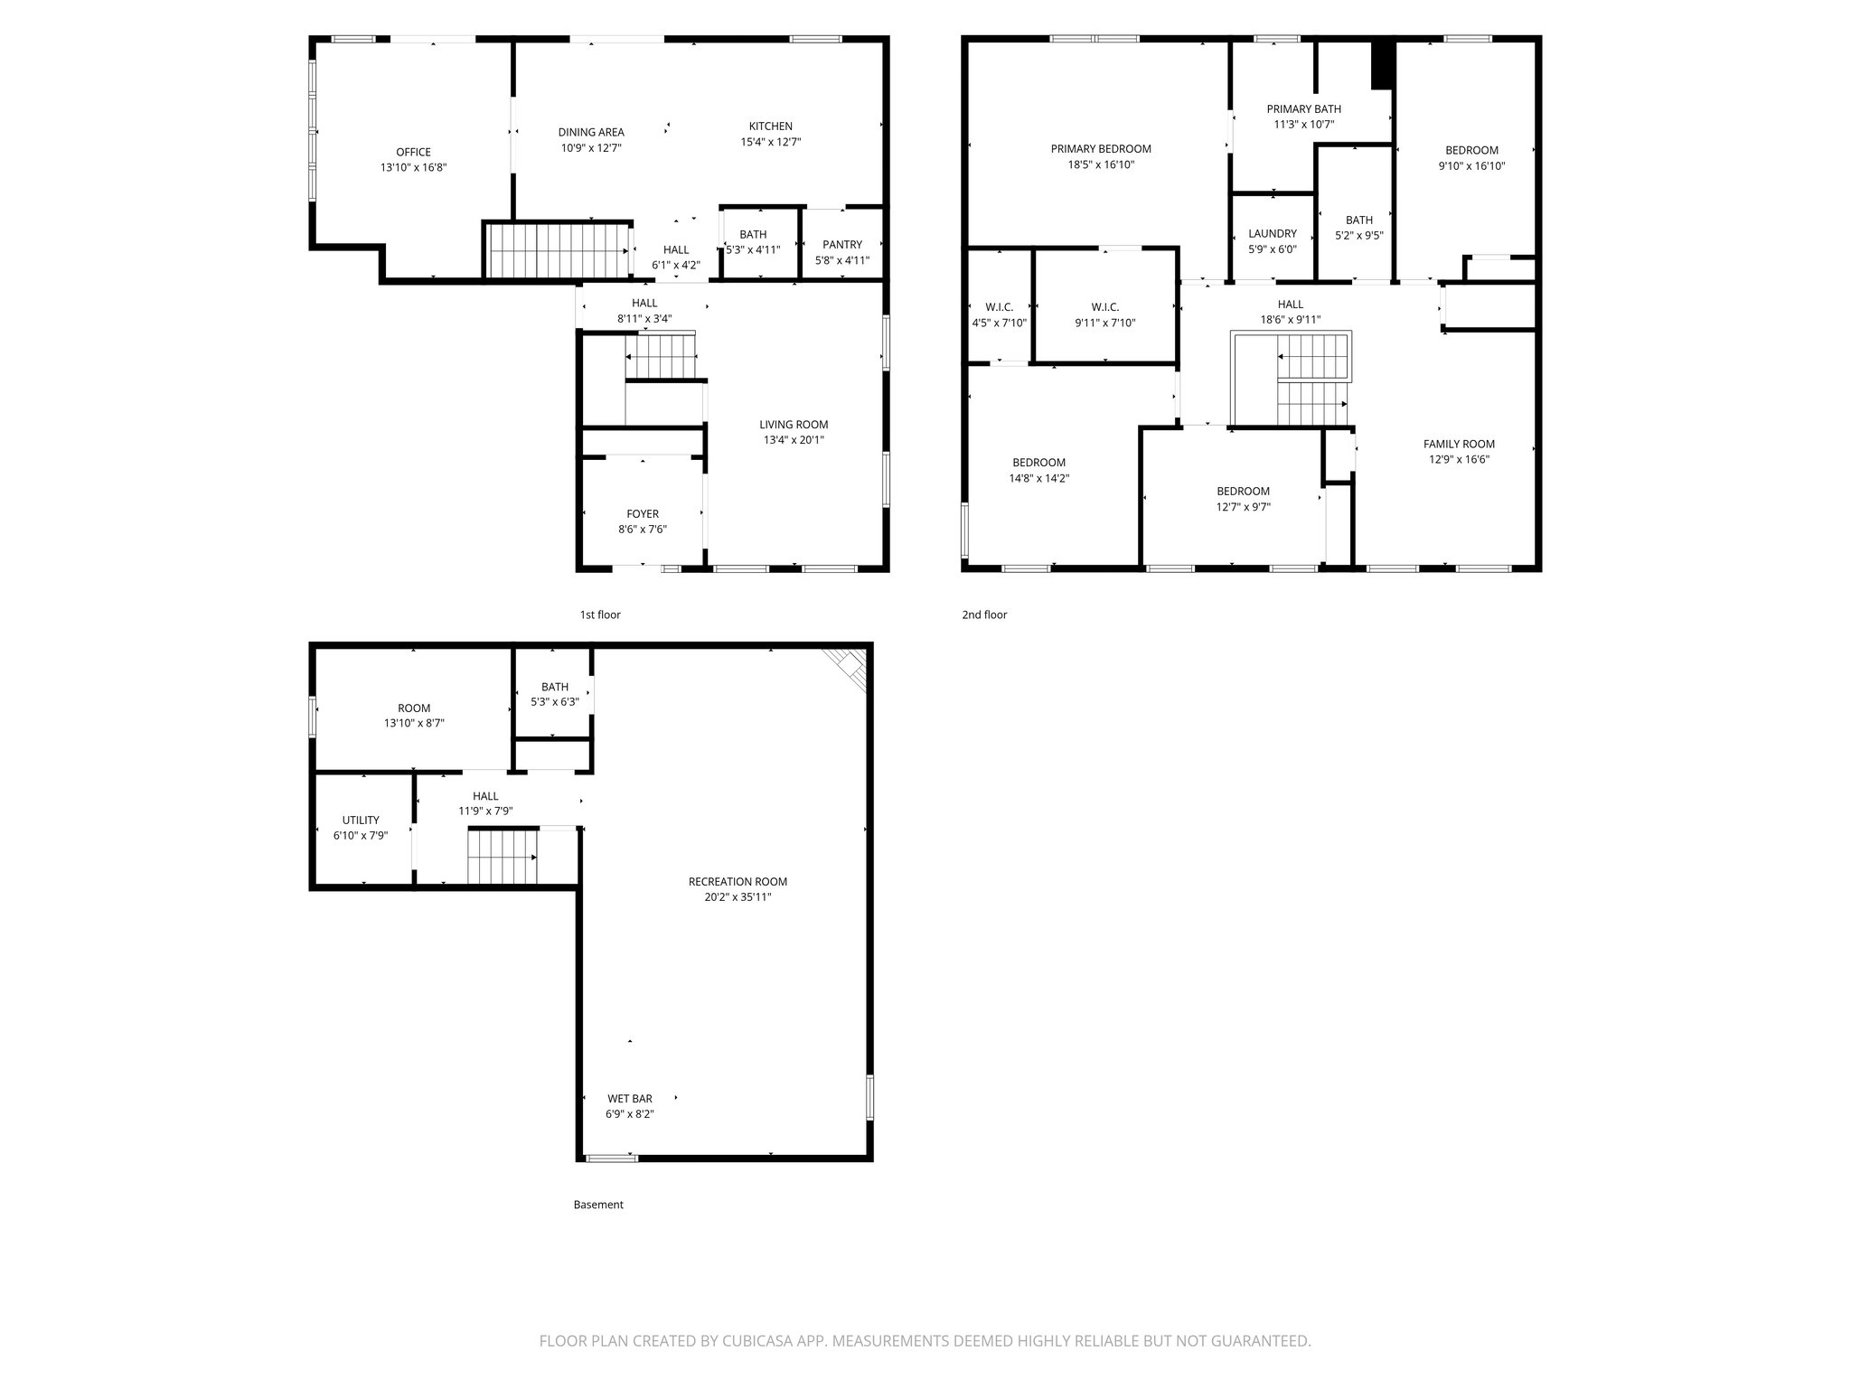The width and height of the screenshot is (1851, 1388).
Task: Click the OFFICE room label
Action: (413, 152)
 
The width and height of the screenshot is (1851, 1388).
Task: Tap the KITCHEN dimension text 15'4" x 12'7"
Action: (770, 142)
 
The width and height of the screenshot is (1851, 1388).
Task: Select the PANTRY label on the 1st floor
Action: (842, 245)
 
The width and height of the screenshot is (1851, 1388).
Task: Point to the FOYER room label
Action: (643, 514)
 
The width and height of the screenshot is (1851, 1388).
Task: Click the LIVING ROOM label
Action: (794, 425)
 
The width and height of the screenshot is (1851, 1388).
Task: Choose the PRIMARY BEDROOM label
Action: (1100, 149)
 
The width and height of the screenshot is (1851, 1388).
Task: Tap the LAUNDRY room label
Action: (1272, 234)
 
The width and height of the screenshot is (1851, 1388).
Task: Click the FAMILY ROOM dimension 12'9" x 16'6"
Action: (1459, 459)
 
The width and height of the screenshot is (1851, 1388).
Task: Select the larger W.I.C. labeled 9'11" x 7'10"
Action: (1104, 307)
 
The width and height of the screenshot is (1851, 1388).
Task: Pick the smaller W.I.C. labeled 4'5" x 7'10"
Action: (999, 307)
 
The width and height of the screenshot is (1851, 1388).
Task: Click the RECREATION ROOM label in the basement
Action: (738, 882)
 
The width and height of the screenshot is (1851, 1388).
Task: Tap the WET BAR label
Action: (629, 1099)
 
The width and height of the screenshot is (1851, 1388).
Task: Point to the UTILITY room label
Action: (361, 821)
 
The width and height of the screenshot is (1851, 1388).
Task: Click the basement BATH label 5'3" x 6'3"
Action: (554, 687)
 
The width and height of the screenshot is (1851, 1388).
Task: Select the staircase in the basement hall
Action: (502, 857)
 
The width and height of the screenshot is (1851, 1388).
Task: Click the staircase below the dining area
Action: (558, 251)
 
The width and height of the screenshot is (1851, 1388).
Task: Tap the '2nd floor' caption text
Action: (983, 615)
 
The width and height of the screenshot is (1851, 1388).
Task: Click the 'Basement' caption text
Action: (598, 1205)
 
